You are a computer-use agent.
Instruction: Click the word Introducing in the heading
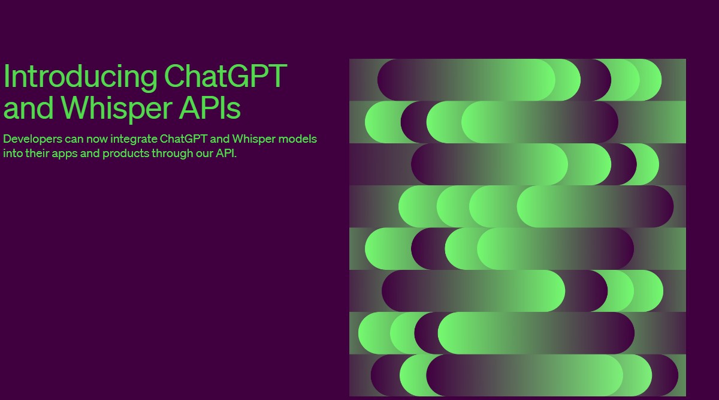(80, 77)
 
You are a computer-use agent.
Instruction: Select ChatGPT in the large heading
(225, 77)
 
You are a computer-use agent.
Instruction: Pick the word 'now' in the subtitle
(96, 139)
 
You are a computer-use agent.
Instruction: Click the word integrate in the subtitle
(134, 139)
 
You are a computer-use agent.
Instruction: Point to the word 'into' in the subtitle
(12, 153)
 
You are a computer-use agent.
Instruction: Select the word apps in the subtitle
(66, 153)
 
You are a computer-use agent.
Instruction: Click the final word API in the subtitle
(226, 153)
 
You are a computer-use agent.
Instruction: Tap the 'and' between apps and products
(91, 153)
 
